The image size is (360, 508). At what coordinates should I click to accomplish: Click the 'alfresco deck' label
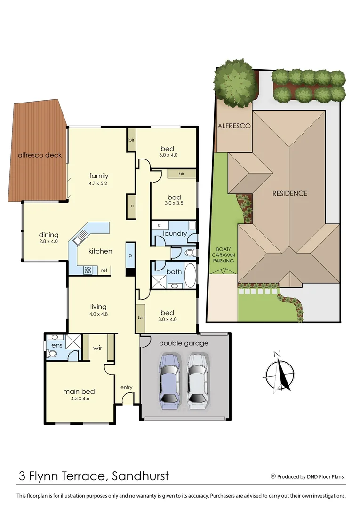(40, 155)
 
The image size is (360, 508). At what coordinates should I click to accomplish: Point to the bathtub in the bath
(190, 276)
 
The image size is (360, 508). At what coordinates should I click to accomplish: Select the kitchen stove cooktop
(87, 270)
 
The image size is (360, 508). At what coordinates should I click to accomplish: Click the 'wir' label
(98, 348)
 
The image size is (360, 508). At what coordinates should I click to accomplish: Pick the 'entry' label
(126, 387)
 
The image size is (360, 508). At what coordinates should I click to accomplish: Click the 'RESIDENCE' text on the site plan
(290, 193)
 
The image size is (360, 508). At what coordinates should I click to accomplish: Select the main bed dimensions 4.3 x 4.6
(80, 398)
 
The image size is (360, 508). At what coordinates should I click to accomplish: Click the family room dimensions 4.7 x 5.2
(98, 183)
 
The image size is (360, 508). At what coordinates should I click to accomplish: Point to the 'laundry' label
(175, 233)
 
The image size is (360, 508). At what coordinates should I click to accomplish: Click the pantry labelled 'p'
(130, 256)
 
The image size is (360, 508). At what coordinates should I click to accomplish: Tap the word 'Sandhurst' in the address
(140, 476)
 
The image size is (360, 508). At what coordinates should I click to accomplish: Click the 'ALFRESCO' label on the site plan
(234, 126)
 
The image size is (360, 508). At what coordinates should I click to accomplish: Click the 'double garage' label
(184, 343)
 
